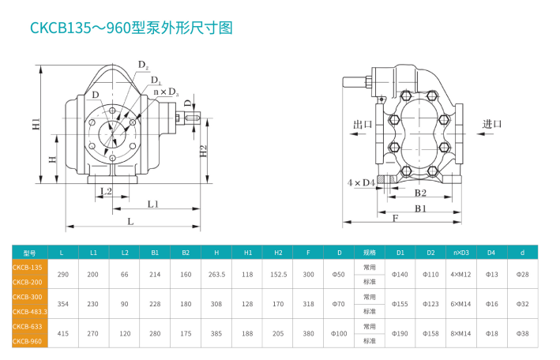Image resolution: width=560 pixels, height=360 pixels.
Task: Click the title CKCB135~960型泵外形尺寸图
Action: pos(132,28)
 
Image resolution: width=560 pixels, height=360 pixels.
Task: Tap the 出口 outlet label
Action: pos(363,125)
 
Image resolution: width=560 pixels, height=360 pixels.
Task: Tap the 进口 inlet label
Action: pos(492,124)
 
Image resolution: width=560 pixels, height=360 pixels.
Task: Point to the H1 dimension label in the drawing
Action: pos(36,125)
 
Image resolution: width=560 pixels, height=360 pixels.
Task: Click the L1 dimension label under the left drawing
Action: pos(153,204)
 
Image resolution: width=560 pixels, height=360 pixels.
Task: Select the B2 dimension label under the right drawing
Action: pos(420,193)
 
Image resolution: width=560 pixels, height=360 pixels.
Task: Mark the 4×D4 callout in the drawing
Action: pos(361,183)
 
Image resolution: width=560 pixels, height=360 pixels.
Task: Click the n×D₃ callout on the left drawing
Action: pos(166,92)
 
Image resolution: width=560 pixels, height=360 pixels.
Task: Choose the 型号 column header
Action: pos(30,253)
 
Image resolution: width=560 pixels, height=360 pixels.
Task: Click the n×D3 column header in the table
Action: pos(460,253)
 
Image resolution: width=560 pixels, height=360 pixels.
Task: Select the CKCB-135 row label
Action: pos(28,268)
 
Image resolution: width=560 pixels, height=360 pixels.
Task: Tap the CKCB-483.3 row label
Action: pos(30,311)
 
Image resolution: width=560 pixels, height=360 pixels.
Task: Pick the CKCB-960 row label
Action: pos(28,341)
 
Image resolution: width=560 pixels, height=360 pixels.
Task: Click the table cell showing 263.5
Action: pos(216,274)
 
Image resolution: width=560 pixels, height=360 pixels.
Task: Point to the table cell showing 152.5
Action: pos(278,274)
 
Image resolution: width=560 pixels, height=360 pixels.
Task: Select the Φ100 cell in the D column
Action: pos(339,333)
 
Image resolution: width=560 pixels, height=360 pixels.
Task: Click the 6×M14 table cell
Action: pos(460,304)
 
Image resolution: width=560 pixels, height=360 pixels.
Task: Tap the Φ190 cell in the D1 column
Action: pos(400,333)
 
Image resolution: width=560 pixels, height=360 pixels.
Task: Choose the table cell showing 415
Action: pos(63,333)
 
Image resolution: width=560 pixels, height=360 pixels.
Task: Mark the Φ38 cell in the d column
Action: pos(522,333)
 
